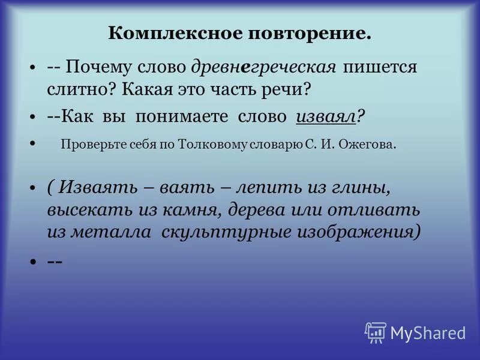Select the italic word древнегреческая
click(x=265, y=67)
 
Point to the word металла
click(x=112, y=232)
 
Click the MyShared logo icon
click(x=376, y=332)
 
